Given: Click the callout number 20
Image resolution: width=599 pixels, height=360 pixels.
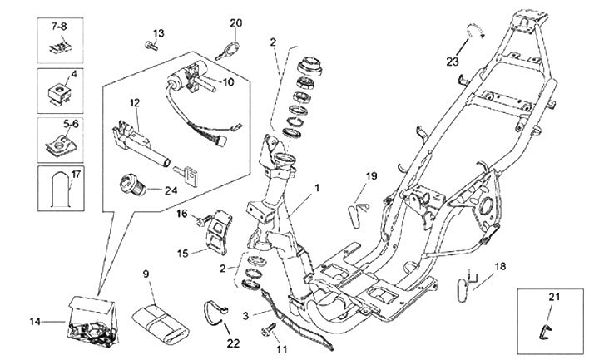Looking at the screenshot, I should pos(235,22).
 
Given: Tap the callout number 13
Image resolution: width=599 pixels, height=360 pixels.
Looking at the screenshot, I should pos(158,32).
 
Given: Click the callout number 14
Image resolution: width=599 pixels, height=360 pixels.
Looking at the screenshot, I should pos(35,320).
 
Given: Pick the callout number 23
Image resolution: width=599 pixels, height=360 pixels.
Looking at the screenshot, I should pos(452,61).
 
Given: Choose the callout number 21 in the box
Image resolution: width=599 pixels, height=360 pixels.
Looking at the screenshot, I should pos(553,297).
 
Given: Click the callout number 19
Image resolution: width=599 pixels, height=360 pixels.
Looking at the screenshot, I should pos(371,175).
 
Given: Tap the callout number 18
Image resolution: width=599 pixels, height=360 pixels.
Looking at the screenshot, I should pos(500,267).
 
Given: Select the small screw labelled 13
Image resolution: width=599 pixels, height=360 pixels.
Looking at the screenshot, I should pos(150,45).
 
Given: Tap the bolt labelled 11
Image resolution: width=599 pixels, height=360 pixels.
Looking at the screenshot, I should pos(266,332).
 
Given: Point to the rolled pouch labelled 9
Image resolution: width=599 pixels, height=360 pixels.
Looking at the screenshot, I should pos(158,318).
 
